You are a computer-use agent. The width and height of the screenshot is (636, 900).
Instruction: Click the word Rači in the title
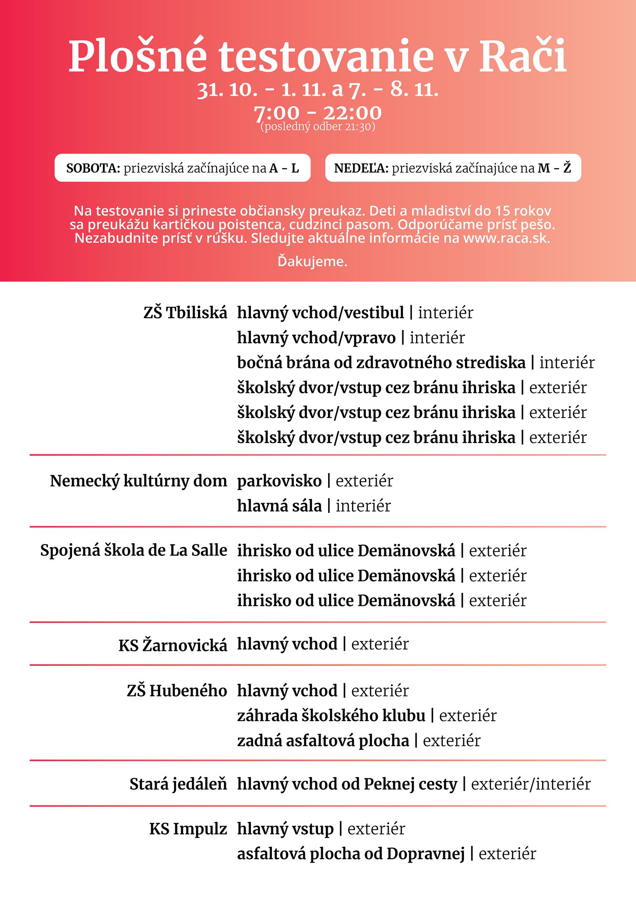pyautogui.click(x=522, y=56)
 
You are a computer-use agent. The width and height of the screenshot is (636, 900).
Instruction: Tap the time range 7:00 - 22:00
pyautogui.click(x=318, y=113)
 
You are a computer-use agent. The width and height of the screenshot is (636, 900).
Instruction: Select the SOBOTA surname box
pyautogui.click(x=182, y=168)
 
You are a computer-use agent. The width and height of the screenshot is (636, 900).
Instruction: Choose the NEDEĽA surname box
pyautogui.click(x=453, y=168)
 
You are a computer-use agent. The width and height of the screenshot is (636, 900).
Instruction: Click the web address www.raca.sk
pyautogui.click(x=506, y=238)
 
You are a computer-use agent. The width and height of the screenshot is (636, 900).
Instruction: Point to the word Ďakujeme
pyautogui.click(x=312, y=261)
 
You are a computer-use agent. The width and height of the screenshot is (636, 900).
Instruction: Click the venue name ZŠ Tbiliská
pyautogui.click(x=185, y=312)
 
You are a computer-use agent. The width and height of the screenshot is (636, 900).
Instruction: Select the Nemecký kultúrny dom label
pyautogui.click(x=138, y=481)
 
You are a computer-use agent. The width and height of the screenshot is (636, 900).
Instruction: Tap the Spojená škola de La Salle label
pyautogui.click(x=134, y=550)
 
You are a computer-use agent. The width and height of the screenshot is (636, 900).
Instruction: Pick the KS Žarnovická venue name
pyautogui.click(x=173, y=645)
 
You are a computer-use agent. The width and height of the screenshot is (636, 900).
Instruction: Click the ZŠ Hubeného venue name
pyautogui.click(x=177, y=690)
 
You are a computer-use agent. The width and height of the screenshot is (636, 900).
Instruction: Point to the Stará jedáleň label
pyautogui.click(x=178, y=784)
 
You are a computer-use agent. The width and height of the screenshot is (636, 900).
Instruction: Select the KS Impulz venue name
pyautogui.click(x=188, y=829)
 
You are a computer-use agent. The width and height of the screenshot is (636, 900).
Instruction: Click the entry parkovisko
pyautogui.click(x=279, y=481)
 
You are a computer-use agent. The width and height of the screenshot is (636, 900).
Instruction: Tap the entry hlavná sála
pyautogui.click(x=279, y=506)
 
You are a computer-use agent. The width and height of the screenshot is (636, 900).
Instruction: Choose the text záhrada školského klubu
pyautogui.click(x=331, y=715)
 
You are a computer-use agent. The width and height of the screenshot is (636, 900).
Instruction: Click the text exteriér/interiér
pyautogui.click(x=531, y=784)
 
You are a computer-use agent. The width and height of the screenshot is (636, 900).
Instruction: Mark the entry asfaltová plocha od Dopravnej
pyautogui.click(x=351, y=854)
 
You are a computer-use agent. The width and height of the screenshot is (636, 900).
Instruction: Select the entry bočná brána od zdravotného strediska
pyautogui.click(x=381, y=363)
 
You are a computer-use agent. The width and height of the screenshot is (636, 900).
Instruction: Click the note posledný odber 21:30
pyautogui.click(x=318, y=127)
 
